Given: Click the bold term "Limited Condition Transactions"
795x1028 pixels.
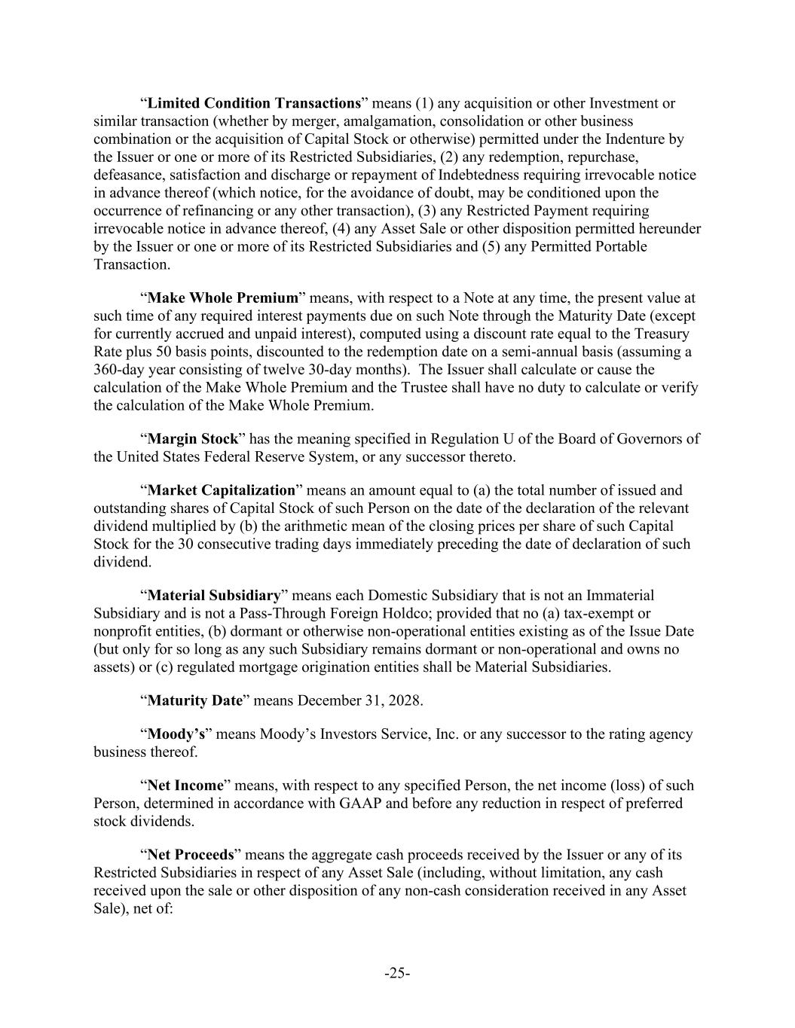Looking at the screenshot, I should [254, 103].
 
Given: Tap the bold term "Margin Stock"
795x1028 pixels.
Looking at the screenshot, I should [192, 439].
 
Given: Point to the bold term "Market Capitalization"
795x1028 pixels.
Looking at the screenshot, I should [221, 490].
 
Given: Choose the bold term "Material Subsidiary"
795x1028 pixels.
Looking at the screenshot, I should [214, 596].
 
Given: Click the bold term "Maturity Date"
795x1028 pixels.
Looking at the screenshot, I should [195, 701].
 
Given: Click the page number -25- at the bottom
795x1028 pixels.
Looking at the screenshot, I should [397, 974].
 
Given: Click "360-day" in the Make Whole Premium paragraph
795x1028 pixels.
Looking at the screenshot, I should [118, 370].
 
